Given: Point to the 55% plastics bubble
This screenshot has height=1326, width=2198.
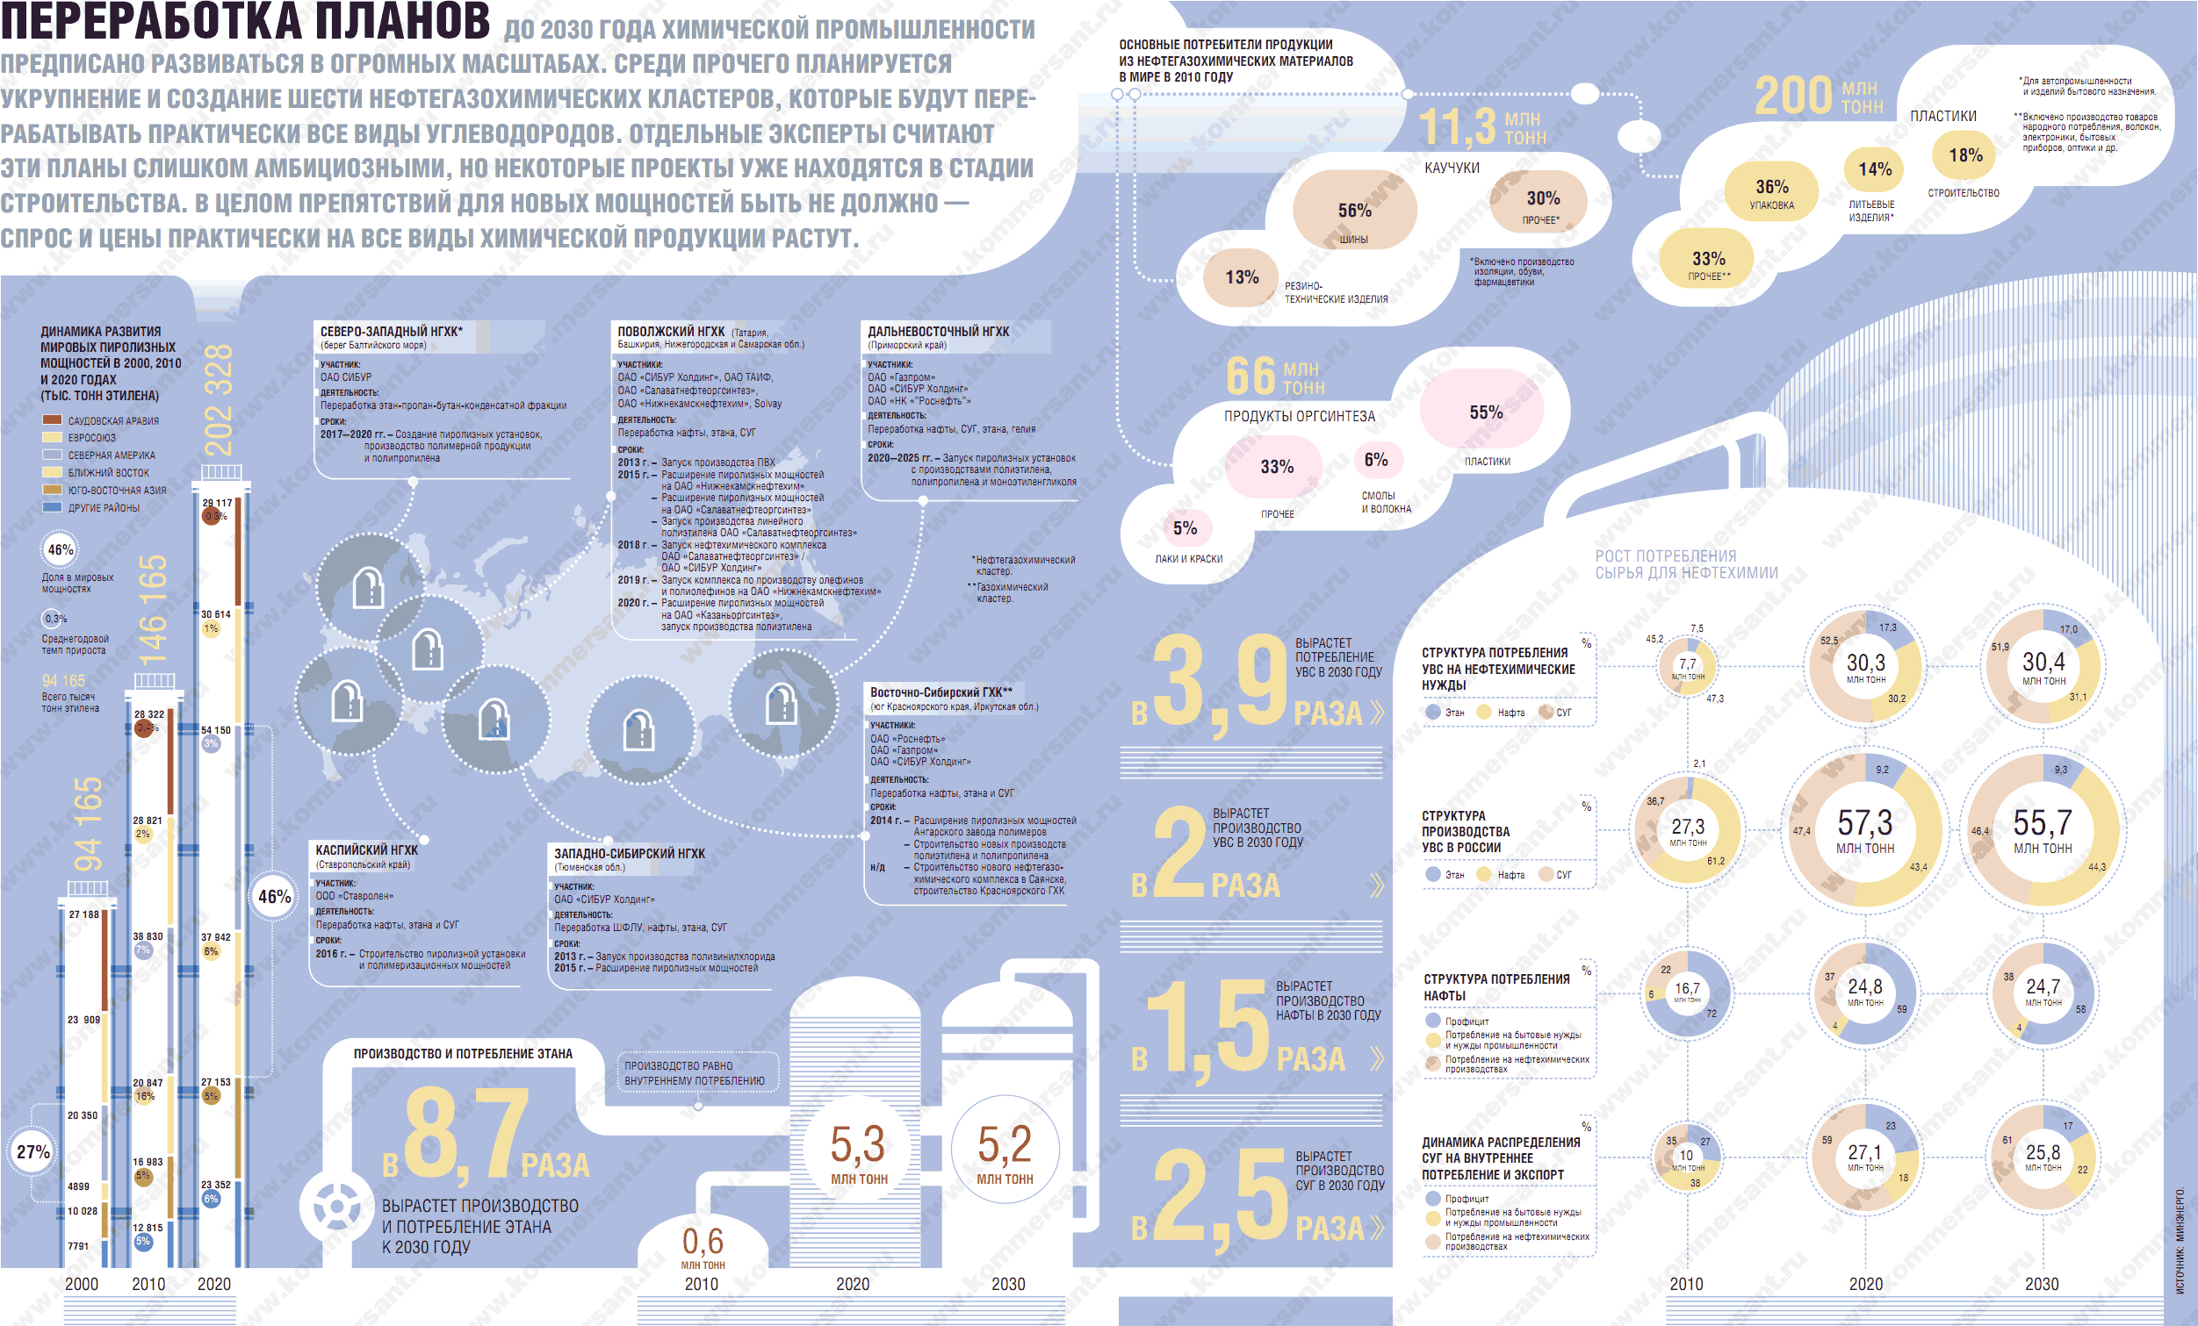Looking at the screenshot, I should point(1486,412).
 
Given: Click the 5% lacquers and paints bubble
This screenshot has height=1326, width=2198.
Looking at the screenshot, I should point(1185,529).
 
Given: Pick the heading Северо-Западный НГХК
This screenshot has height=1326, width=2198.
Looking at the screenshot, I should point(391,332).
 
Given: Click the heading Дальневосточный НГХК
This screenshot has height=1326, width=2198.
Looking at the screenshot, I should point(938,332).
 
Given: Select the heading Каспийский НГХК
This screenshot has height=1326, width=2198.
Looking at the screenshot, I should point(367,849).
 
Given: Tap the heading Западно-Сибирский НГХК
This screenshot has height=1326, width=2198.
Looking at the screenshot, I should point(629,853).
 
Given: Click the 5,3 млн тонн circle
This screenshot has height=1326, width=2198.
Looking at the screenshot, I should point(858,1150).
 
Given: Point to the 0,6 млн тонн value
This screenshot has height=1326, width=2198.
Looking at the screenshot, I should point(703,1242).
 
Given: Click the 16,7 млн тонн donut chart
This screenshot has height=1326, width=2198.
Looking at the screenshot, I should point(1687,992).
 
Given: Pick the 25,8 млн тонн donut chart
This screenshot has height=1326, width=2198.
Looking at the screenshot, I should point(2043,1157).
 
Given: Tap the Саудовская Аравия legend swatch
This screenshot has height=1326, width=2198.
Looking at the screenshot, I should point(52,420).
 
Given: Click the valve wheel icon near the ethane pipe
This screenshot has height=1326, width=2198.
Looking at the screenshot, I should point(337,1208).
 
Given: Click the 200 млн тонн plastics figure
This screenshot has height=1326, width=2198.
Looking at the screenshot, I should point(1818,97).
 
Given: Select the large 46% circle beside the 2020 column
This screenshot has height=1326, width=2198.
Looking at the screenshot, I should point(275,897).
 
